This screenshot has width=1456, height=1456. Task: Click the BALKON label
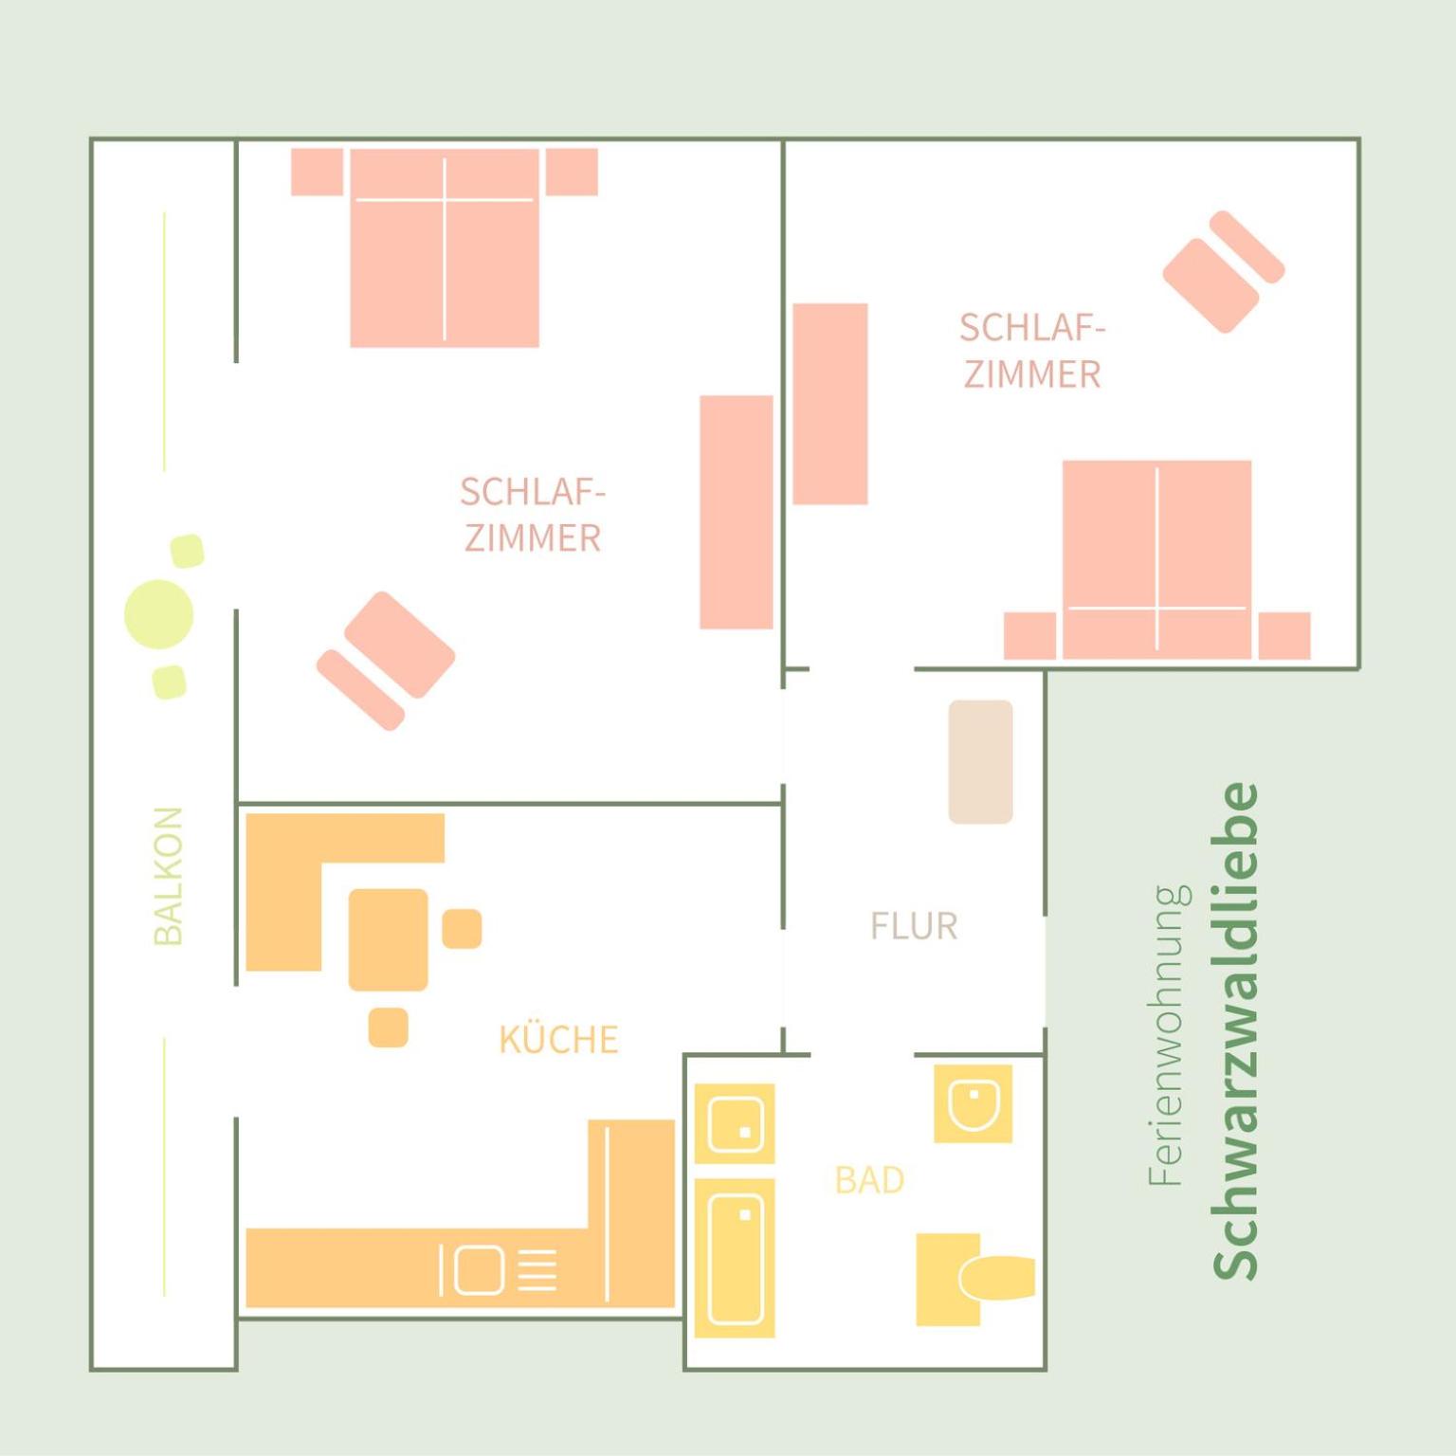168,876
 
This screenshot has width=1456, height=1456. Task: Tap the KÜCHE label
558,1039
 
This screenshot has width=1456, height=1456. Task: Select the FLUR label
914,926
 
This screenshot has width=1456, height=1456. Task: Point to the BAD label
869,1180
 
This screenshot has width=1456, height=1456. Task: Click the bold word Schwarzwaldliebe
1235,1030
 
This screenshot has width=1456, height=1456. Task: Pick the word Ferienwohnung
1168,1035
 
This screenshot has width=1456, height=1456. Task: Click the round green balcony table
159,614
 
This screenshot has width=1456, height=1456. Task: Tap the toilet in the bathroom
975,1279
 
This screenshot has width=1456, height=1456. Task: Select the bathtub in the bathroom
735,1258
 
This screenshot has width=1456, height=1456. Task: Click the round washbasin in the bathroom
974,1103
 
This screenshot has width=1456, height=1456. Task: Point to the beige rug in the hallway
981,762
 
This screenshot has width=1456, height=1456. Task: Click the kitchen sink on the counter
479,1270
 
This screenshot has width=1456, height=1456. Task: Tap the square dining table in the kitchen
388,939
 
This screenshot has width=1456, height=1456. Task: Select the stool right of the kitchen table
462,928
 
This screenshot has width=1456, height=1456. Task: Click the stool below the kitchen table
389,1028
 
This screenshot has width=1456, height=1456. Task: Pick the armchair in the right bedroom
1223,272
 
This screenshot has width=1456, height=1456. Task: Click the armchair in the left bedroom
386,661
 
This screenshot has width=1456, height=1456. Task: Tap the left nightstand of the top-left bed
317,172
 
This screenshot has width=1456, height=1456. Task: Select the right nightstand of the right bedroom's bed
1284,635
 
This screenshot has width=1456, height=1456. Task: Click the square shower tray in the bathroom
735,1123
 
